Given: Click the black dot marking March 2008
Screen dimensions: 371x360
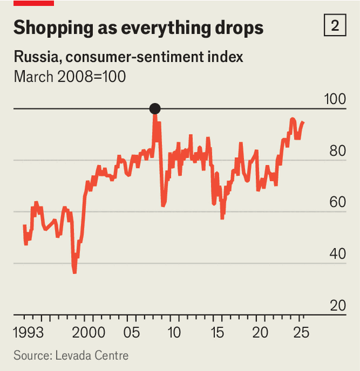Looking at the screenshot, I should point(155,108).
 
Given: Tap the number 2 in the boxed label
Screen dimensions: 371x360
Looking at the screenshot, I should point(335,26).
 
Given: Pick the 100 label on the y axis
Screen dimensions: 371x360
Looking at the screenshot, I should point(336,99).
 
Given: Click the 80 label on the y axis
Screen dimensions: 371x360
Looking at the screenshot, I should point(338,150).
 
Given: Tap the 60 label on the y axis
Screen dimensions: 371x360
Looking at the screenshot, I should point(338,202).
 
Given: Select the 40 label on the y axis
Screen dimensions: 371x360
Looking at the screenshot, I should point(338,254).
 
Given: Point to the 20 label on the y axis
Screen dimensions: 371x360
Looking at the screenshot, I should point(338,306).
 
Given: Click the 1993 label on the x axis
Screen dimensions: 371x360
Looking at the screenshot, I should point(28,331).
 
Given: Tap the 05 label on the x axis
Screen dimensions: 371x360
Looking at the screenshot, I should point(132,331).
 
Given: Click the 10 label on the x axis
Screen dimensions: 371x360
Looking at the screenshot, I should point(174,331).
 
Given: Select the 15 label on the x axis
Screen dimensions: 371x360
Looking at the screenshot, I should point(217,331).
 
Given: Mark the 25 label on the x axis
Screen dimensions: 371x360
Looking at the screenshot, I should point(301,331).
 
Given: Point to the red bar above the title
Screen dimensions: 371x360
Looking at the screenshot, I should point(34,3).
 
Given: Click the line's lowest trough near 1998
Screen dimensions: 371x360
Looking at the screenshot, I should point(75,272).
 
